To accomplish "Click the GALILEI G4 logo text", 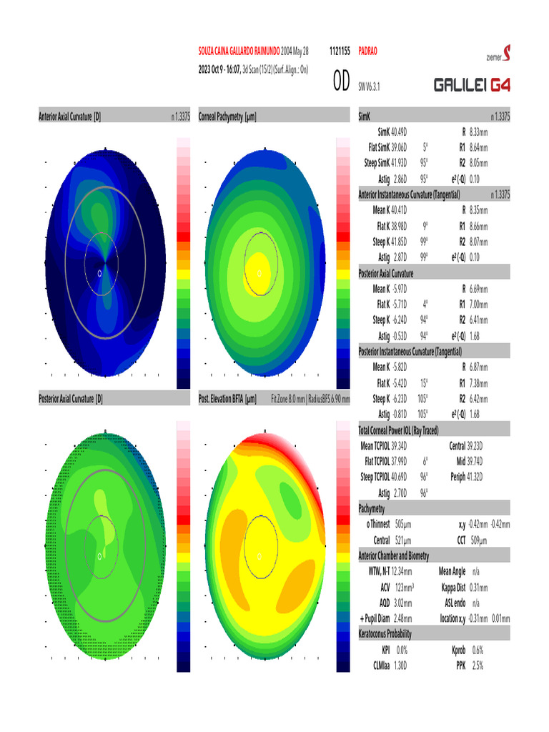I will point(473,86).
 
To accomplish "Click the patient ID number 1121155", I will point(339,52).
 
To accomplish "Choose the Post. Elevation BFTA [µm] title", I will point(227,397).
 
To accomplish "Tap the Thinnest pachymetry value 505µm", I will point(403,524).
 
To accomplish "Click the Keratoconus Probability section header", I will point(395,634).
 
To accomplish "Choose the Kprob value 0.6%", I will point(478,651).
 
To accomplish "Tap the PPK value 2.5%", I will point(478,666).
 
